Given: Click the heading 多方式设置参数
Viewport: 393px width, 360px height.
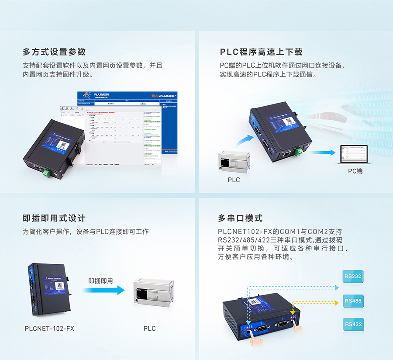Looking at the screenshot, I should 54,52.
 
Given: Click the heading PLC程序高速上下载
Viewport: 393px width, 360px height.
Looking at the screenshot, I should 261,52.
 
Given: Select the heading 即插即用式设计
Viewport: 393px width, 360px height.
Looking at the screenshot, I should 54,218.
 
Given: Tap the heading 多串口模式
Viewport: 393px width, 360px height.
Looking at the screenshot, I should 240,218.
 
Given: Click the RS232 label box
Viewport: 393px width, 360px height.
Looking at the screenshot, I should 353,277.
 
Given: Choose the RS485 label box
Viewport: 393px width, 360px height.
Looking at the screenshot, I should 353,301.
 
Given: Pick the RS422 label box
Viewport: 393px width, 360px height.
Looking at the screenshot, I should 353,324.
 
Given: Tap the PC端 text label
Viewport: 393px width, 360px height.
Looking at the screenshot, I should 355,171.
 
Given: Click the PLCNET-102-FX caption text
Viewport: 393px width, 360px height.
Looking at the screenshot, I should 49,328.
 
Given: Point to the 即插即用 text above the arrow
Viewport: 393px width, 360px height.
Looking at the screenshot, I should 100,281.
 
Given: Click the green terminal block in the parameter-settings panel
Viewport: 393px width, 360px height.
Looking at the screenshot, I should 46,173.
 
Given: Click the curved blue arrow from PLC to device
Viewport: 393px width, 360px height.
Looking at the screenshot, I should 245,141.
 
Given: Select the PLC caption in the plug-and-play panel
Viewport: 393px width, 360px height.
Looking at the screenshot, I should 149,328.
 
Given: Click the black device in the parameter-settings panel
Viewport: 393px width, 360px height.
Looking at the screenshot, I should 50,146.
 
